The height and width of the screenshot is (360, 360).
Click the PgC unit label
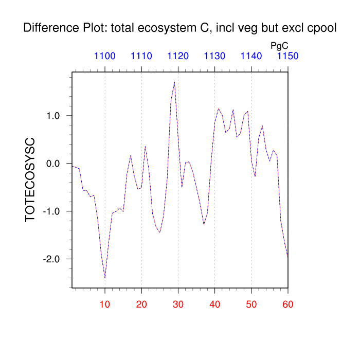279,46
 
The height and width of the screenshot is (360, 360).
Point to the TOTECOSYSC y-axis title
30,179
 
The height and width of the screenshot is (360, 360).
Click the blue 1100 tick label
105,56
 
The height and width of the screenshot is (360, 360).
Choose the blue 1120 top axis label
178,56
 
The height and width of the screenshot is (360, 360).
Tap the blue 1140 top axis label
251,56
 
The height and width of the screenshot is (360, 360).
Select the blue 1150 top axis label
287,56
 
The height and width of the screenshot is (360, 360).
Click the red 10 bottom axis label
105,304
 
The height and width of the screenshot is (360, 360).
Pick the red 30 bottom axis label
178,304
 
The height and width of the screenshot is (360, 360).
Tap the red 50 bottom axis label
251,304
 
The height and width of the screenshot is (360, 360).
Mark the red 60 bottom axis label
287,304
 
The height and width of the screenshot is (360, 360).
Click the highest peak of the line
174,82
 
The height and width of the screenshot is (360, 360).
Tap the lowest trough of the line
105,278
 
